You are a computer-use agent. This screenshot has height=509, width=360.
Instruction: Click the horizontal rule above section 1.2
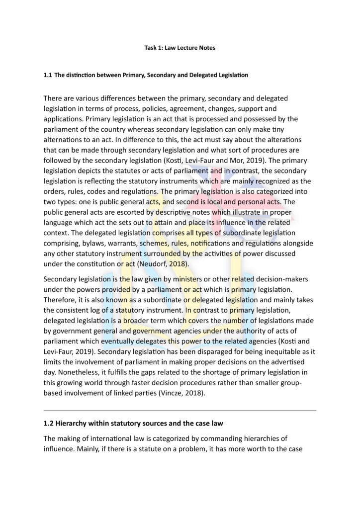(x=180, y=411)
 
